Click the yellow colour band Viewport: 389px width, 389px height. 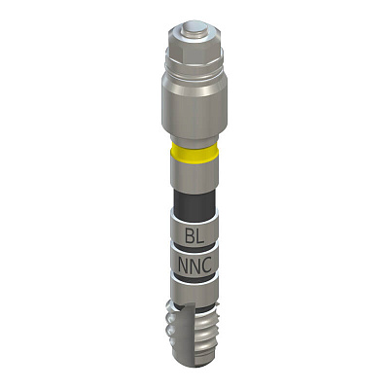(x=194, y=153)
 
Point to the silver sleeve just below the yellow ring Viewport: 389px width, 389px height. (x=194, y=176)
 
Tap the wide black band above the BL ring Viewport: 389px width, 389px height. (x=194, y=201)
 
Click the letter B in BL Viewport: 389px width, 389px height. (x=190, y=235)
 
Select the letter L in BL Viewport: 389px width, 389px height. (x=200, y=235)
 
